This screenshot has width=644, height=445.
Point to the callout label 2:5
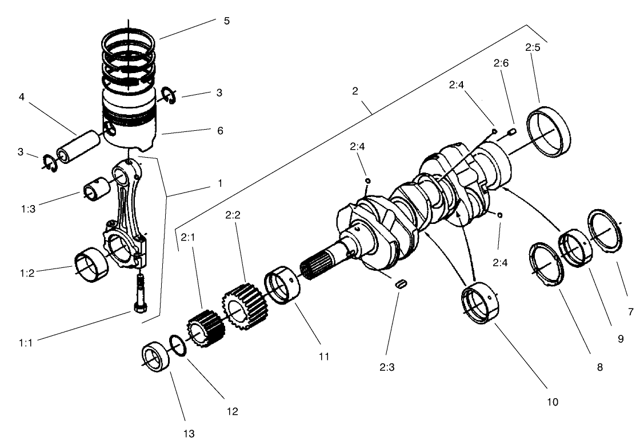(533, 47)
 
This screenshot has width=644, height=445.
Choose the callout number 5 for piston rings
(227, 21)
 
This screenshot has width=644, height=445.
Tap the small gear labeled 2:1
(202, 331)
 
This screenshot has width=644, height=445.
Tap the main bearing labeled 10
(481, 304)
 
